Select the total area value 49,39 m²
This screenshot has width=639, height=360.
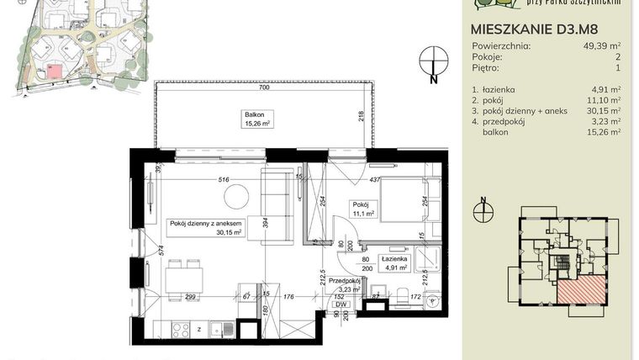tap(604, 47)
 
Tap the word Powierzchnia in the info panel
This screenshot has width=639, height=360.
tap(504, 47)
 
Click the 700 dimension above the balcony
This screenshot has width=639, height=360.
tap(263, 87)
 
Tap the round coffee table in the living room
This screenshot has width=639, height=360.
tap(236, 196)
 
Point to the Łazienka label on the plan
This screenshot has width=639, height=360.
tap(393, 261)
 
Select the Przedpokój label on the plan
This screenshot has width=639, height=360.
tap(344, 283)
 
